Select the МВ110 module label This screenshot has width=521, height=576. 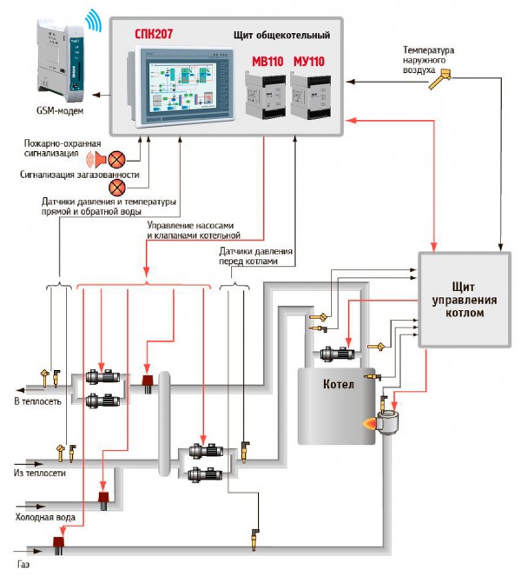coord(267,63)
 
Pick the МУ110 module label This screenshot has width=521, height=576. coord(311,63)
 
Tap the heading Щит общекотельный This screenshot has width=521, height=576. coord(281,36)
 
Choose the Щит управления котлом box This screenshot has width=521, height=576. coord(464,299)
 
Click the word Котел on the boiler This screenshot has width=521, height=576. coord(338,385)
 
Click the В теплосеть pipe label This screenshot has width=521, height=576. coord(37,401)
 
